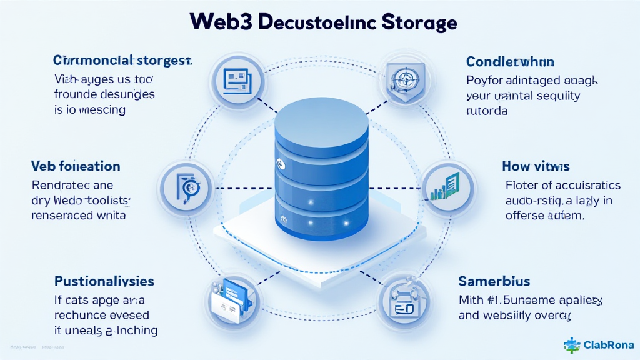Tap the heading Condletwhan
511,62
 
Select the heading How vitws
536,166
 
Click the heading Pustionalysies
104,281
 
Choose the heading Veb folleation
76,166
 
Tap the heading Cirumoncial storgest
122,61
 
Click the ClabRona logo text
608,345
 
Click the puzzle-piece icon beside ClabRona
571,345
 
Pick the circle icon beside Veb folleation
186,187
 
